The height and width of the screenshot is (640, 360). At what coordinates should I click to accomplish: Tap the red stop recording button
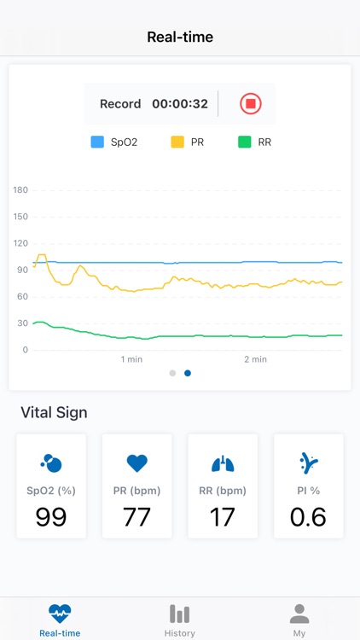[x=250, y=104]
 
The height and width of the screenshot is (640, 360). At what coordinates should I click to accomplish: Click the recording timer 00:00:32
[x=180, y=104]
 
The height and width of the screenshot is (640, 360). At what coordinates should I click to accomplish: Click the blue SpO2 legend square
[x=97, y=143]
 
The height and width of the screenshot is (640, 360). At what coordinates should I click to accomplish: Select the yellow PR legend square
[x=177, y=143]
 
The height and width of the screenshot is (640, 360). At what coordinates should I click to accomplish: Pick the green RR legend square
[x=244, y=143]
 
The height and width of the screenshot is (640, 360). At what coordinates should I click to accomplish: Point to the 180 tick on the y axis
[x=20, y=190]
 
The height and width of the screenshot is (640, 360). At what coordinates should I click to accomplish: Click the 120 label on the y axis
[x=20, y=243]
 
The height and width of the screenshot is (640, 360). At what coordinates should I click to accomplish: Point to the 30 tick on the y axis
[x=20, y=323]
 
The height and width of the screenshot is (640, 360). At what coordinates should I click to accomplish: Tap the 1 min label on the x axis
[x=131, y=359]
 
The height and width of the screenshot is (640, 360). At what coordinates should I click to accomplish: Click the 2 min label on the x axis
[x=255, y=359]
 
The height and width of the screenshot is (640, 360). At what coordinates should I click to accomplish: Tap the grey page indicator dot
[x=172, y=373]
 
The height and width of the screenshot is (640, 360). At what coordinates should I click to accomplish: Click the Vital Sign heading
[x=54, y=413]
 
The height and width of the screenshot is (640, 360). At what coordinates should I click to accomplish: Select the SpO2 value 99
[x=51, y=516]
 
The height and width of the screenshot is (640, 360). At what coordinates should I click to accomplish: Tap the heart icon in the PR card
[x=136, y=463]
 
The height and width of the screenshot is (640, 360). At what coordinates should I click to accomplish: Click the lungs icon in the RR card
[x=223, y=463]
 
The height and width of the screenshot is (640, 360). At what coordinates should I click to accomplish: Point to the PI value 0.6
[x=308, y=516]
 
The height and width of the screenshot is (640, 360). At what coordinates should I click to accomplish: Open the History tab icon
[x=179, y=614]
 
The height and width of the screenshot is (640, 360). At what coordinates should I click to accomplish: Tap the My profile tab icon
[x=299, y=614]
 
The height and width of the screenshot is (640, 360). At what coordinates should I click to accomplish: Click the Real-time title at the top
[x=180, y=37]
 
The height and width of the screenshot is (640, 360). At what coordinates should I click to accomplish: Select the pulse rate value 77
[x=136, y=516]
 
